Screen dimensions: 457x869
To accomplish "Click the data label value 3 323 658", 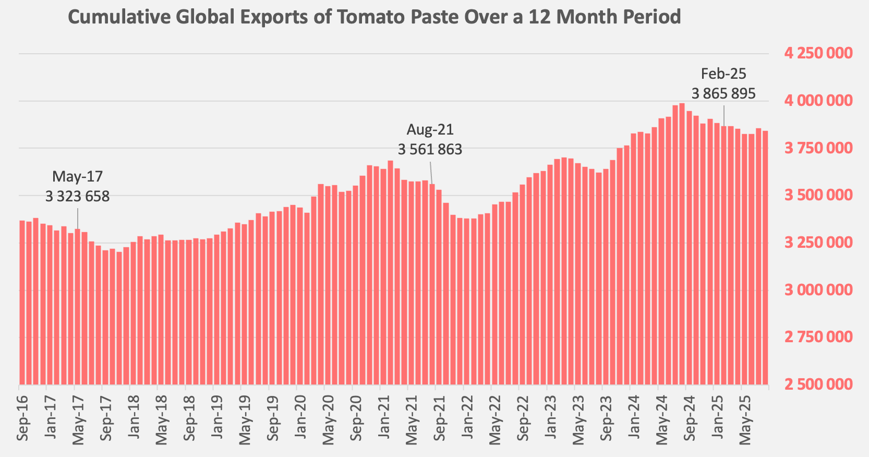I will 78,197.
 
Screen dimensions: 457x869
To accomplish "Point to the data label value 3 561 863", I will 430,150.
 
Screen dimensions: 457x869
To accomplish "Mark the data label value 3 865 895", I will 723,94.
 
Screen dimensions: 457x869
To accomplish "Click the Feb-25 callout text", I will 723,74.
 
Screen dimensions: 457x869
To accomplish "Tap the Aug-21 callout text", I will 430,130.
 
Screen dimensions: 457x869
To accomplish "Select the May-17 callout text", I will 78,177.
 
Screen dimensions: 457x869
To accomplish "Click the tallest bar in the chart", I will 682,245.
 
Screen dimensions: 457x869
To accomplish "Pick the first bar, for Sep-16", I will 22,303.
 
